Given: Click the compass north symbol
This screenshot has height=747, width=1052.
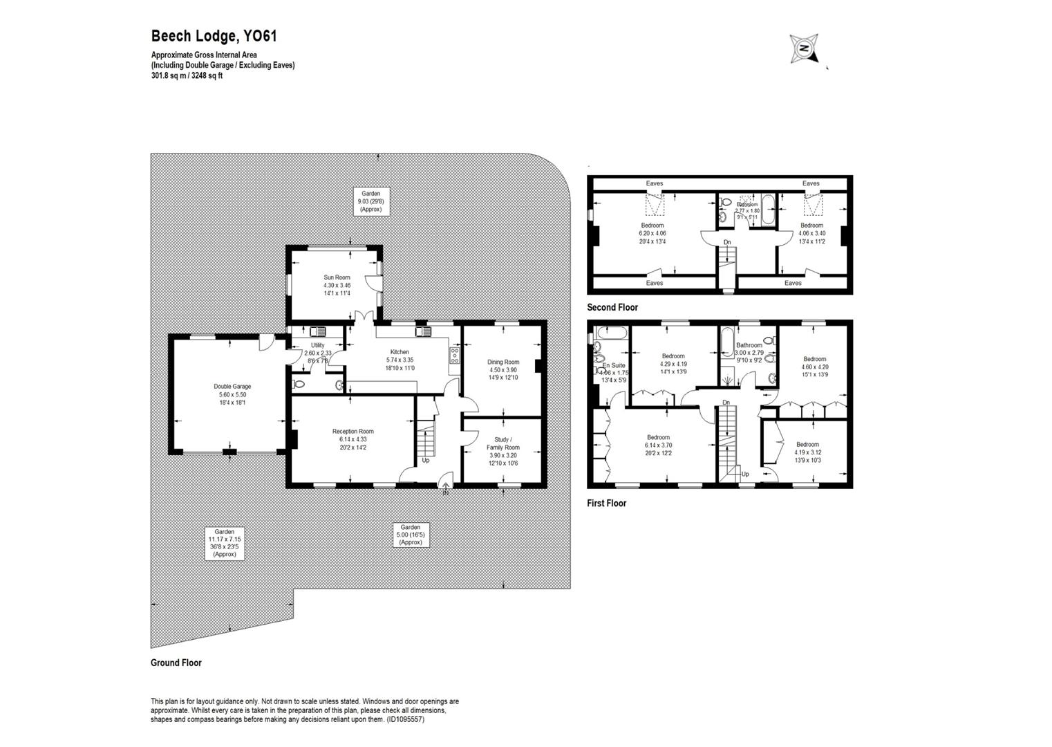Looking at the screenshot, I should point(804,48).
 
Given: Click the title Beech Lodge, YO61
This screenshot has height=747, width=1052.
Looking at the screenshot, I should point(214,36).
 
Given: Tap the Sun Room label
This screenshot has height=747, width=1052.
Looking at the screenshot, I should point(337,277).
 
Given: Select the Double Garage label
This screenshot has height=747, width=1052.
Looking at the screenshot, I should point(232,387).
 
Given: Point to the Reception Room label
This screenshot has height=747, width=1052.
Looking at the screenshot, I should point(353,432).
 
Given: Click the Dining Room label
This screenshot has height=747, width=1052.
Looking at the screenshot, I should point(502,362).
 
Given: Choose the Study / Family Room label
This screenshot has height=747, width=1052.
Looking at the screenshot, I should point(502,443).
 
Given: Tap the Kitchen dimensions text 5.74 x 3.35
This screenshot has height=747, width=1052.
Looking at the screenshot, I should point(400,360).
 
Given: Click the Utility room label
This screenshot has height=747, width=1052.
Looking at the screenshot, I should point(317,345).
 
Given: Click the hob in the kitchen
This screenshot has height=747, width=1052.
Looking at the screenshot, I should point(455,356).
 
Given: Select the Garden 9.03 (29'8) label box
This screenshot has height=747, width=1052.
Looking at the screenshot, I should point(370,201).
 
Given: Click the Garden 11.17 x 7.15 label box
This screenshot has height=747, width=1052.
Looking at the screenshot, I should point(224,543).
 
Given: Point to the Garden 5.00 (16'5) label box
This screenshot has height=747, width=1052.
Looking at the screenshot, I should point(410,535).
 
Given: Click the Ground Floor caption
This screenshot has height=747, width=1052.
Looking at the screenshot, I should point(176,663).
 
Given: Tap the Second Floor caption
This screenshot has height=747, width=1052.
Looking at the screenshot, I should point(612,307).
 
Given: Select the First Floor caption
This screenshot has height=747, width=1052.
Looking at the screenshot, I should point(606,503).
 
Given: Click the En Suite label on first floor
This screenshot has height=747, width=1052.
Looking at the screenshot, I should point(613,365).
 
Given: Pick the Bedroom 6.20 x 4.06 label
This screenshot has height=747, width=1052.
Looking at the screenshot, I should point(652,225).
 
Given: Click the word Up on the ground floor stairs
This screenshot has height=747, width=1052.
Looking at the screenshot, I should point(425,460).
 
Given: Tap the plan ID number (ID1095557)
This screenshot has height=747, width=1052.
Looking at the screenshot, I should point(405,719).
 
